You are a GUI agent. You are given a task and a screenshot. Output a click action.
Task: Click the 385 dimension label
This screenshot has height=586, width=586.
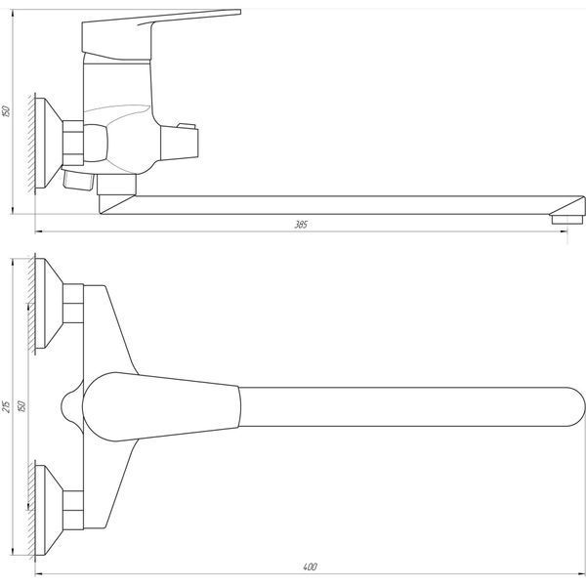pyautogui.click(x=301, y=225)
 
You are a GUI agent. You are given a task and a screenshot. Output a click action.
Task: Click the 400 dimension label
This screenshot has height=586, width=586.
pyautogui.click(x=310, y=566)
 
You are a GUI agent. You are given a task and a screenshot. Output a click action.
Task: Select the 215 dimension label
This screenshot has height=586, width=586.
pyautogui.click(x=7, y=406)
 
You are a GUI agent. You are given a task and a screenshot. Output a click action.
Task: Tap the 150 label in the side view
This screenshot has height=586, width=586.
pyautogui.click(x=6, y=111)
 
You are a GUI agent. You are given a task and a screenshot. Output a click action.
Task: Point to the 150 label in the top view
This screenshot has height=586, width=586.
pyautogui.click(x=21, y=406)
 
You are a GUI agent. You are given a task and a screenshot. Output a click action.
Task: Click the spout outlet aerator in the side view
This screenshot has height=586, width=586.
pyautogui.click(x=566, y=219)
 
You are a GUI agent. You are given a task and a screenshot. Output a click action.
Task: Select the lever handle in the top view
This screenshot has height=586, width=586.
pyautogui.click(x=161, y=406)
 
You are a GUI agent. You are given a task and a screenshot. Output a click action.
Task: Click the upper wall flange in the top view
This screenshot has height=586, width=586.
pyautogui.click(x=49, y=303)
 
